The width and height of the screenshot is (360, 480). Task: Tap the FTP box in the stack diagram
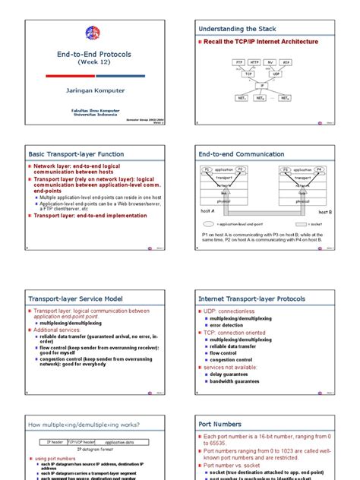tap(239, 62)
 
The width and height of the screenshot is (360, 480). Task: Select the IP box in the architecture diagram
tap(262, 86)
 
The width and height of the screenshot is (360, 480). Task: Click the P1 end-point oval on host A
tap(207, 169)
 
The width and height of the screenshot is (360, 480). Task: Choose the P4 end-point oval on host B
tap(319, 169)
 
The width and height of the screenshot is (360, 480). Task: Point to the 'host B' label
tap(325, 213)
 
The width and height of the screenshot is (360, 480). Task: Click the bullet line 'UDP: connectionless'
tap(231, 312)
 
